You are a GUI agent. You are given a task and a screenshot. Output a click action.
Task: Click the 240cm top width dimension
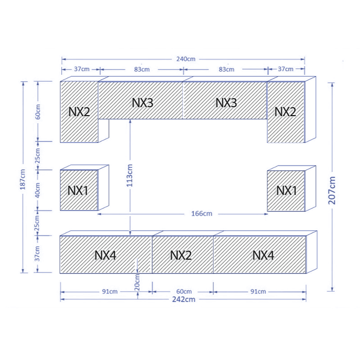186,59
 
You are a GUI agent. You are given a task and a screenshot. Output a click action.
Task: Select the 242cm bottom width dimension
184,299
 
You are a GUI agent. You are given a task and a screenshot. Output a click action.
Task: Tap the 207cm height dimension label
332,190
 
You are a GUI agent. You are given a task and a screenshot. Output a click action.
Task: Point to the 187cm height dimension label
23,179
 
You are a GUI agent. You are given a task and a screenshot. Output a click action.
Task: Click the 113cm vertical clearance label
130,175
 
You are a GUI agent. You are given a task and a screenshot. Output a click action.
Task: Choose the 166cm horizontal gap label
202,214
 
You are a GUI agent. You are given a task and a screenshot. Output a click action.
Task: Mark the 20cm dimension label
137,282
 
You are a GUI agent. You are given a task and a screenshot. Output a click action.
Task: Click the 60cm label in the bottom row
184,292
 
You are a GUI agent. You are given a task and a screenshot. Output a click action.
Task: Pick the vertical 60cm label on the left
38,112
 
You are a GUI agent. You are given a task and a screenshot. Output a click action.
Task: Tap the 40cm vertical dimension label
38,190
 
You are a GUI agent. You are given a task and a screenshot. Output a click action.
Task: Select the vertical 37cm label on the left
37,254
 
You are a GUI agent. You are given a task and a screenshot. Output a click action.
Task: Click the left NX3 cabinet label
142,103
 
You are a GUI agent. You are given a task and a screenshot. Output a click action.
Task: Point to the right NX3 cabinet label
226,103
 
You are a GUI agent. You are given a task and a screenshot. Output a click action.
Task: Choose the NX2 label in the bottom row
181,255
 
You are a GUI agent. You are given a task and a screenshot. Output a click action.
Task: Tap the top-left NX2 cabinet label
79,112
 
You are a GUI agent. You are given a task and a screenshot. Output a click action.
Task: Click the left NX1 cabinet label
78,191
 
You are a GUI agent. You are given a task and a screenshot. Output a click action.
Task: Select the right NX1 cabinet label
286,191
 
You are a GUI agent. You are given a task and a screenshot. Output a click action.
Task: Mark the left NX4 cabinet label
105,255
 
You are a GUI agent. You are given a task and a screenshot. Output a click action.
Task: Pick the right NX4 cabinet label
263,255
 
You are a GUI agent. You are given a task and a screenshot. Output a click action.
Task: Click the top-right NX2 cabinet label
285,112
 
